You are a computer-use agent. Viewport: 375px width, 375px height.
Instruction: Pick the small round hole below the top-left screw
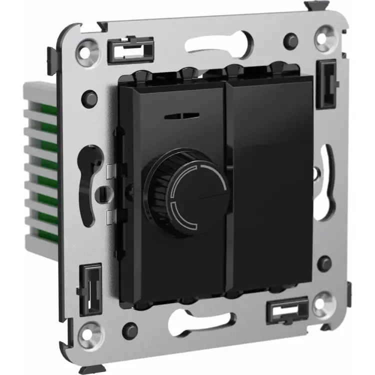pos(90,95)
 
